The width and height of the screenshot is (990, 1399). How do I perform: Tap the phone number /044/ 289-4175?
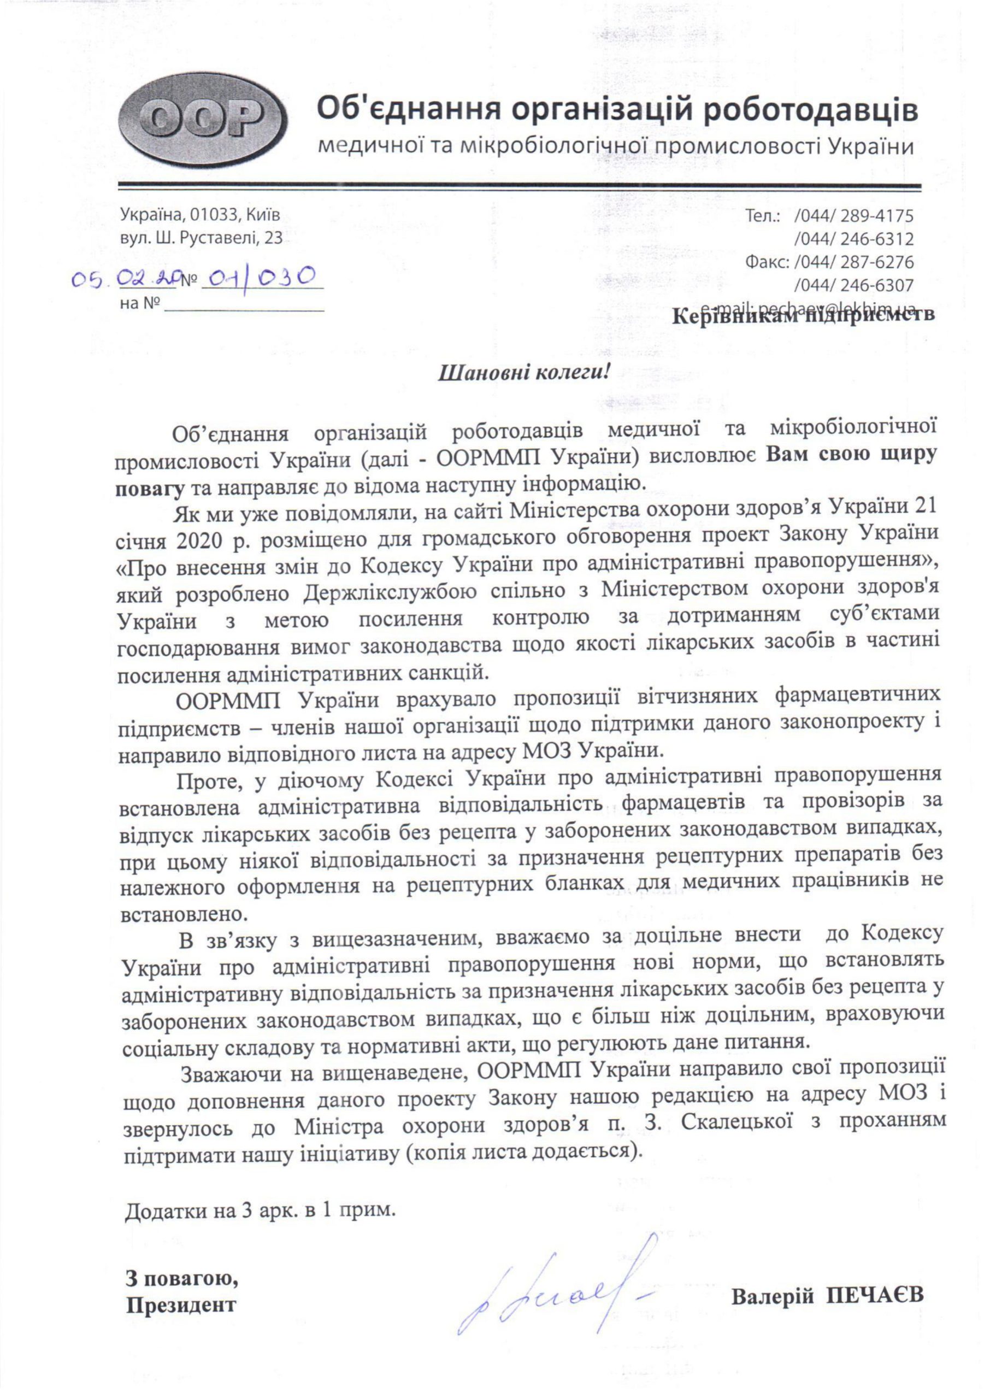point(853,216)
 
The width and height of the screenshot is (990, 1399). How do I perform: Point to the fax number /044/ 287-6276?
point(853,262)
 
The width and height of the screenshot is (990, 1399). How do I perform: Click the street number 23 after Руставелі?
point(274,238)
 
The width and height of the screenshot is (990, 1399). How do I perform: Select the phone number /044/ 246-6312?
point(853,239)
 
